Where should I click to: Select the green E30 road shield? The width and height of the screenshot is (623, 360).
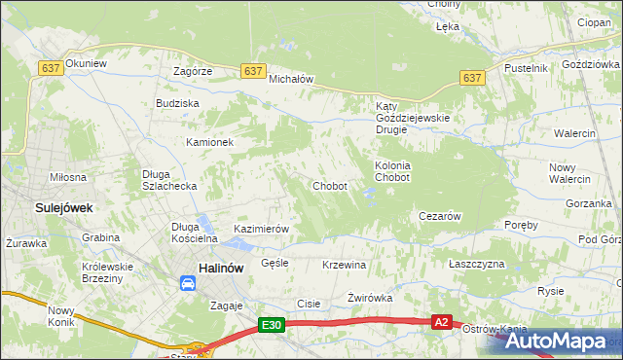click(x=272, y=327)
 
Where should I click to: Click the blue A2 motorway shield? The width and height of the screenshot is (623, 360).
click(x=442, y=322)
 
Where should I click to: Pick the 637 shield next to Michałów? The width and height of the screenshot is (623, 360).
click(x=253, y=71)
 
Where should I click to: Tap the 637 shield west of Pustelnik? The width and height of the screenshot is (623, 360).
click(x=472, y=77)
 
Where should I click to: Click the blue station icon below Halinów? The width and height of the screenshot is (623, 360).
click(x=187, y=283)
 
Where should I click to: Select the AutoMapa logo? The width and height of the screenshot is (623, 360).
click(x=559, y=342)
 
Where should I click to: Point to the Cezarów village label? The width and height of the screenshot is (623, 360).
click(x=439, y=216)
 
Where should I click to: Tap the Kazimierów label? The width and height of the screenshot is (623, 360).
click(x=261, y=229)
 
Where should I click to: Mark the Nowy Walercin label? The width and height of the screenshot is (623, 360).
click(x=569, y=173)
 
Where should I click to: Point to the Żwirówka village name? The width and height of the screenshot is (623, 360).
click(x=369, y=299)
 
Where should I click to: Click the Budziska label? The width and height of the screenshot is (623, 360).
click(x=177, y=103)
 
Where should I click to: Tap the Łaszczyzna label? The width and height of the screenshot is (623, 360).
click(x=477, y=265)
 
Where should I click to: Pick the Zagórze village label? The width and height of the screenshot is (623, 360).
click(x=192, y=72)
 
